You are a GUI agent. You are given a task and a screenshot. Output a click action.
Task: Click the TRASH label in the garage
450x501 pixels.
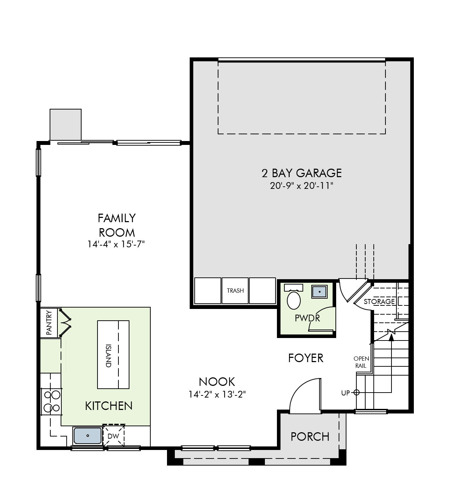pos(235,291)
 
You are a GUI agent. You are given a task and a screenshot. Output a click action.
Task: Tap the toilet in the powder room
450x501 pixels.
pos(294,299)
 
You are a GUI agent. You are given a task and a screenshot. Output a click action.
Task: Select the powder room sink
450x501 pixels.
pos(320,292)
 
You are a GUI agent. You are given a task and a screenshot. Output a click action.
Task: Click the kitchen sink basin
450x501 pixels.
pos(88,435)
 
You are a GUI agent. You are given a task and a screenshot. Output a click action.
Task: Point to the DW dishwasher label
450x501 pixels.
pos(113,436)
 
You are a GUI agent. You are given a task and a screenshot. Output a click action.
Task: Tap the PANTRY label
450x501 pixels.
pos(49,322)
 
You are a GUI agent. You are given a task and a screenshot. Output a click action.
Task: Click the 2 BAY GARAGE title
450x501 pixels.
pos(301,173)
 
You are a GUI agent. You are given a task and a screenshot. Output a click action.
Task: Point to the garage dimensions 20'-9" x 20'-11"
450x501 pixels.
pos(301,186)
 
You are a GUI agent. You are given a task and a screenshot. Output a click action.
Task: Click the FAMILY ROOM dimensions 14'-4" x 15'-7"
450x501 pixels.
pos(117,244)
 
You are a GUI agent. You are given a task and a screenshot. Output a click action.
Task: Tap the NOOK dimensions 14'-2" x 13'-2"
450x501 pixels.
pos(217,394)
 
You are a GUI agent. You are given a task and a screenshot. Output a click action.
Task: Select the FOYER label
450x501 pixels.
pos(306,358)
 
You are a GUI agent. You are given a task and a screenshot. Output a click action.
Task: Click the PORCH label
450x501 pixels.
pos(310,437)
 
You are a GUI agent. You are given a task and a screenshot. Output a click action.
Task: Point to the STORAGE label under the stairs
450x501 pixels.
pos(379,302)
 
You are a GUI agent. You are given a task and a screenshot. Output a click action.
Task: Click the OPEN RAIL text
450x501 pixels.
pos(361,362)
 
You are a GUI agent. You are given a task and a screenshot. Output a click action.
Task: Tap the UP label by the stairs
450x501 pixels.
pos(345,393)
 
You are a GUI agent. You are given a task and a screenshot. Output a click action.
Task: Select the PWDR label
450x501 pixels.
pos(307,318)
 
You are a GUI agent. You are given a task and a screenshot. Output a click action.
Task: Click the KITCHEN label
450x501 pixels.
pos(109,406)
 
